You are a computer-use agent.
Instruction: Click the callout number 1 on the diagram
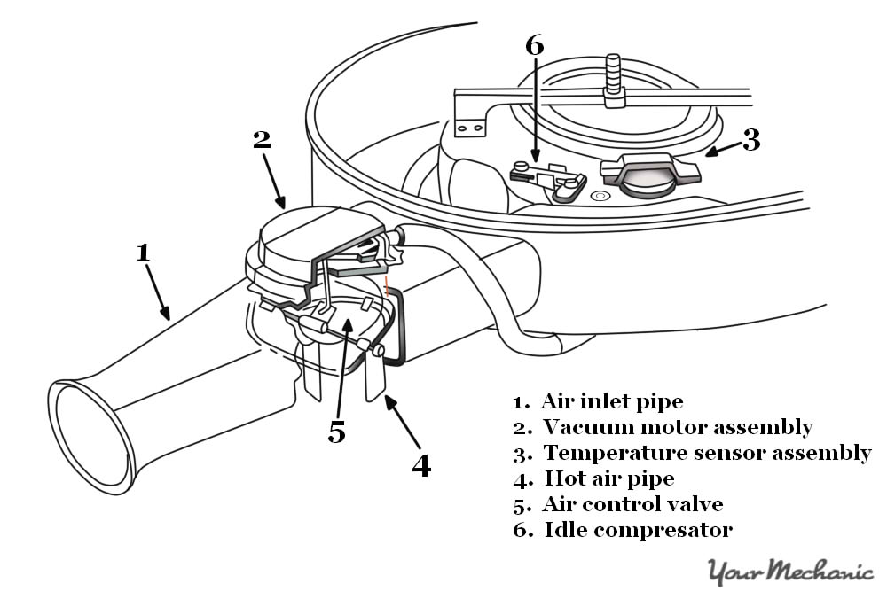[x=143, y=252]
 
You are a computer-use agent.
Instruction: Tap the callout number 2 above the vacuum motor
[x=261, y=140]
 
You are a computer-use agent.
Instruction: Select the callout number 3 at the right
[x=751, y=140]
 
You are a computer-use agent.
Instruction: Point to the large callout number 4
[x=421, y=464]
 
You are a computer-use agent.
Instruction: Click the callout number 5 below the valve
[x=336, y=432]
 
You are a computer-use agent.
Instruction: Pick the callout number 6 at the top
[x=534, y=46]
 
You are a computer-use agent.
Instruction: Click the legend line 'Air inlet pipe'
[x=611, y=401]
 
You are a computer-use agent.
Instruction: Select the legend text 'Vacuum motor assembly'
[x=677, y=427]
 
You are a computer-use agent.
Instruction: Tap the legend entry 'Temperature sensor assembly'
[x=706, y=453]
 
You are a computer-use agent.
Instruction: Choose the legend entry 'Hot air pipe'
[x=608, y=478]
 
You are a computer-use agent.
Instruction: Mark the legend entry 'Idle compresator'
[x=636, y=530]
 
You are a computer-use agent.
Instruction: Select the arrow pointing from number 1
[x=156, y=289]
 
